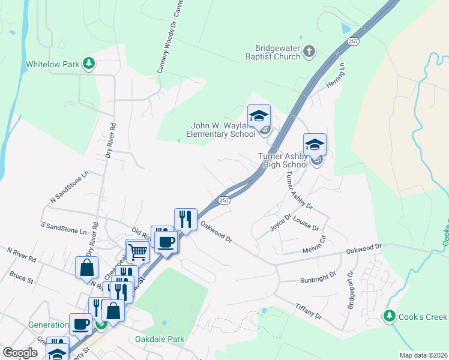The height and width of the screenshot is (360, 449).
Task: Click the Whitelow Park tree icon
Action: tap(89, 63)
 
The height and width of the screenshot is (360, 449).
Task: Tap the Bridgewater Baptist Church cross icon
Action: tap(309, 51)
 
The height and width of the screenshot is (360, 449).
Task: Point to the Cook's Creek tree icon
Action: tap(390, 316)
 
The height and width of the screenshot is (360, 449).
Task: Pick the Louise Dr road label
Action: tap(306, 224)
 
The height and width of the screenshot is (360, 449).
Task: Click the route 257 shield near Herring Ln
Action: tap(353, 41)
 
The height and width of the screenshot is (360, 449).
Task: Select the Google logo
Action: tap(20, 353)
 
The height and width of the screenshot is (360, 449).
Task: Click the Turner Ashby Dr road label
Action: tap(299, 191)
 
